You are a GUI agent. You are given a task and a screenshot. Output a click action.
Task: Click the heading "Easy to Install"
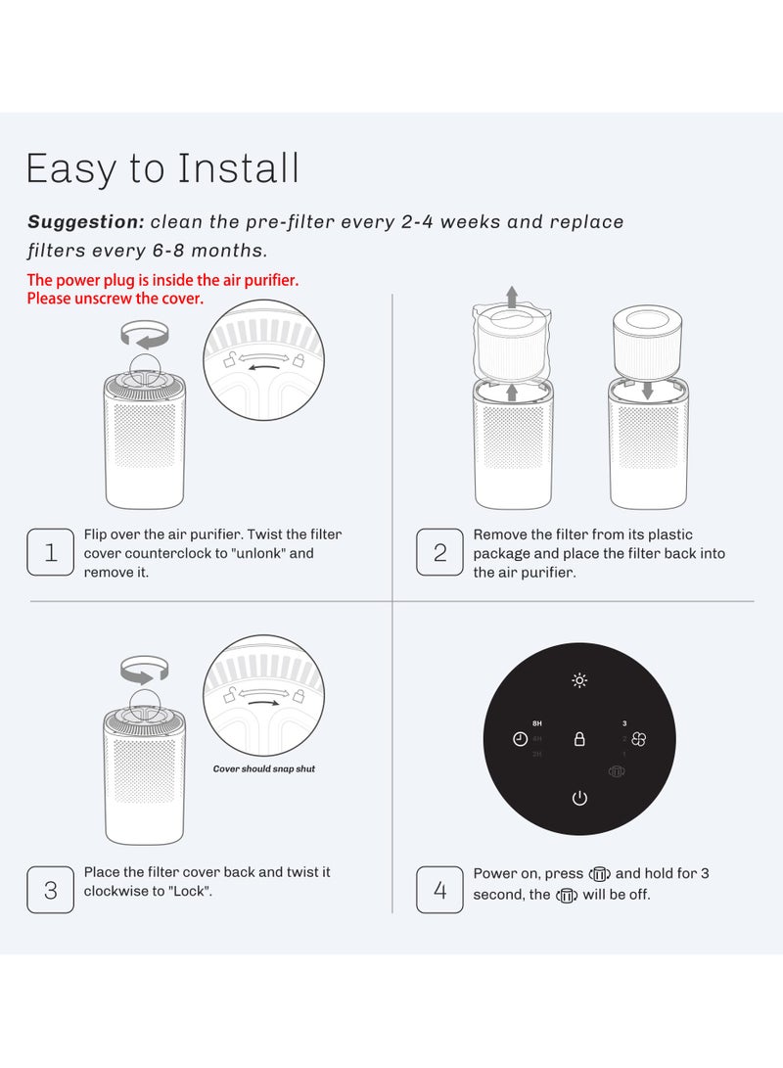[162, 168]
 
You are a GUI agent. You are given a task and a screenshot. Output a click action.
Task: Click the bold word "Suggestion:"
[86, 222]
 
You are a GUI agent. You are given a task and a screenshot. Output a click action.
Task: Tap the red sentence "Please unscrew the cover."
[115, 299]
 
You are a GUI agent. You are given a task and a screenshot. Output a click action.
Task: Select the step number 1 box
[51, 553]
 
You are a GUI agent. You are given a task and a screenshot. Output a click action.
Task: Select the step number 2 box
[440, 553]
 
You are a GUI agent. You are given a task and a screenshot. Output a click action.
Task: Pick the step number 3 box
[51, 891]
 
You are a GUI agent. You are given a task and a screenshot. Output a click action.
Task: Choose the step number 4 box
[440, 891]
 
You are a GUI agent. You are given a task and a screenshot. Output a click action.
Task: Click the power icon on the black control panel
[579, 798]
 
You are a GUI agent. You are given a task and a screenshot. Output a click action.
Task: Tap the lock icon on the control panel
[579, 739]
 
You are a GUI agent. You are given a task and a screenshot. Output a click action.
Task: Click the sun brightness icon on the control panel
[579, 681]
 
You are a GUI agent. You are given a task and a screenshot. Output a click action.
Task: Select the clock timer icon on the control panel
[520, 739]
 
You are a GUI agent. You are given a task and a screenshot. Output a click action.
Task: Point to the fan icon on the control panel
[639, 740]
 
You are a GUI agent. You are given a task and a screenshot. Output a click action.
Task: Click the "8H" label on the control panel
[537, 723]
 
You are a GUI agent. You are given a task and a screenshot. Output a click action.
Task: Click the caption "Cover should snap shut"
[264, 768]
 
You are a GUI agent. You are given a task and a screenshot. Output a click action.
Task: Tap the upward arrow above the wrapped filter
[510, 295]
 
